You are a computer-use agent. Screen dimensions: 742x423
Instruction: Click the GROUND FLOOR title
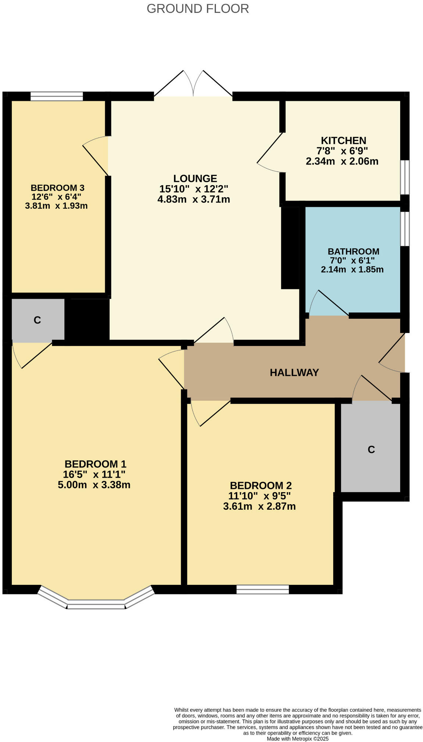(x=198, y=8)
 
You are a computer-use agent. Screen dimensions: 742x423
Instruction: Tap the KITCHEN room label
(x=343, y=141)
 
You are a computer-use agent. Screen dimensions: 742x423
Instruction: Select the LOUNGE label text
(x=195, y=179)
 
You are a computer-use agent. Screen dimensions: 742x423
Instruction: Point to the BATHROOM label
(x=353, y=251)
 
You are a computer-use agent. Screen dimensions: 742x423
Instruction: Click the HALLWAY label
(x=294, y=372)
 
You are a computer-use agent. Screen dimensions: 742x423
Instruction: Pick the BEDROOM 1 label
(x=95, y=464)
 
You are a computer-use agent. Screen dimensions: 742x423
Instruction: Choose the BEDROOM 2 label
(x=260, y=485)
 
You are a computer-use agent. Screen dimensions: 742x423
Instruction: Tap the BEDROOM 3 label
(x=57, y=188)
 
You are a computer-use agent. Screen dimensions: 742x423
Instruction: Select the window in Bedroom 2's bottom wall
(x=262, y=589)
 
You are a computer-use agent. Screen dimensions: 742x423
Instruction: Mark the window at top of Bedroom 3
(x=57, y=96)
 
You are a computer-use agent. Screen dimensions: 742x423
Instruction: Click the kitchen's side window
(x=404, y=177)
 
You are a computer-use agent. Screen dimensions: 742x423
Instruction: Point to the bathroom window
(x=404, y=229)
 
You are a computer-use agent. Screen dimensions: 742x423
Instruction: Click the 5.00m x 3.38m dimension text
(x=94, y=485)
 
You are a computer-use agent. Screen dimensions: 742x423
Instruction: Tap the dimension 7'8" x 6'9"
(x=342, y=151)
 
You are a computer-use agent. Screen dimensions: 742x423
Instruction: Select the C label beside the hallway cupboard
(x=371, y=449)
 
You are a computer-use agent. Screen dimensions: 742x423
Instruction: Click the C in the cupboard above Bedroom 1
(x=37, y=320)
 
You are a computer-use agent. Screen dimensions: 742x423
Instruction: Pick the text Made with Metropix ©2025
(x=298, y=738)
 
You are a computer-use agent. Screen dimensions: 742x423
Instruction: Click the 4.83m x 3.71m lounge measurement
(x=193, y=199)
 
